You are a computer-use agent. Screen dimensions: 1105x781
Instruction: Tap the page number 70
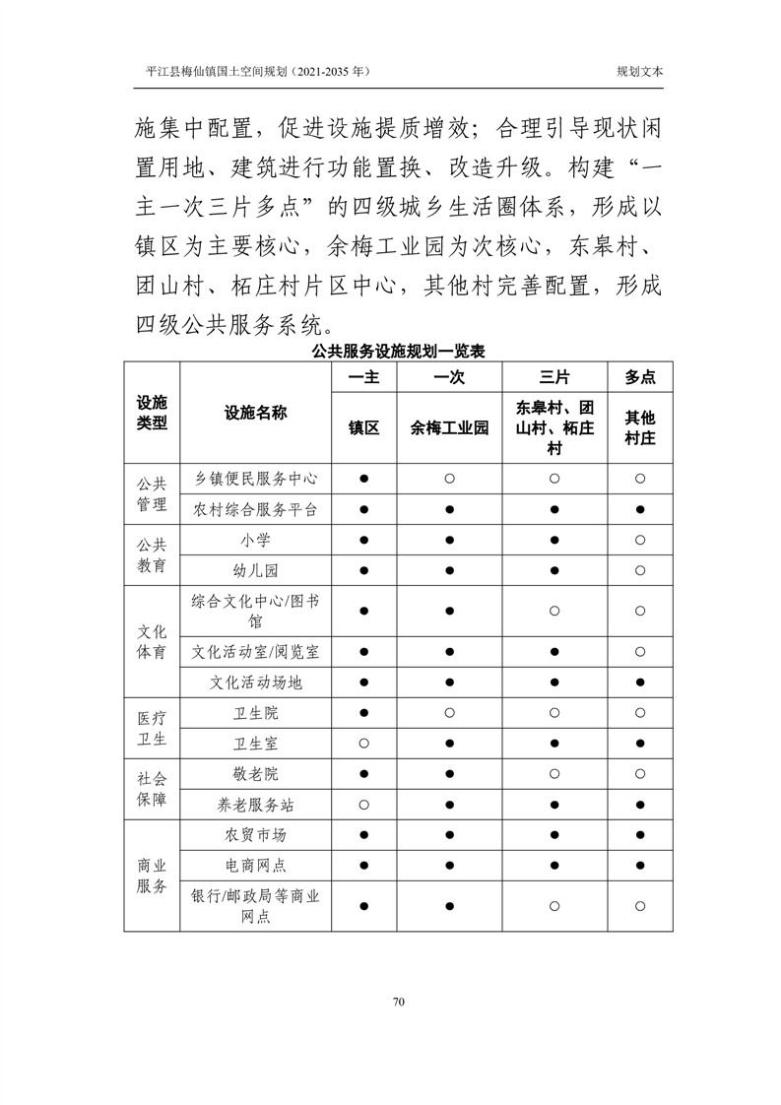tap(399, 1002)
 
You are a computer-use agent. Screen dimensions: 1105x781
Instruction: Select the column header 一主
tap(363, 377)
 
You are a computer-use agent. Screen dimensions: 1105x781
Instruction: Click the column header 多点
tap(640, 377)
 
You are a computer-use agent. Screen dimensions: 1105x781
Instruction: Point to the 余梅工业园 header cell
tap(449, 428)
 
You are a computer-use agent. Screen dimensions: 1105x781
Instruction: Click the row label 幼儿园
tap(255, 571)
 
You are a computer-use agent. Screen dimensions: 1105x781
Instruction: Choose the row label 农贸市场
tap(255, 835)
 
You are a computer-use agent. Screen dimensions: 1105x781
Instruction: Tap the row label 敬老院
tap(255, 774)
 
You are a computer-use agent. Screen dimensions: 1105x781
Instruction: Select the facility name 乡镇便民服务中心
tap(255, 479)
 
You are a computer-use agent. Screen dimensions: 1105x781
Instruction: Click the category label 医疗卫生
tap(152, 728)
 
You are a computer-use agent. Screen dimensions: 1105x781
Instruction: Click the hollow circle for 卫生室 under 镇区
tap(363, 744)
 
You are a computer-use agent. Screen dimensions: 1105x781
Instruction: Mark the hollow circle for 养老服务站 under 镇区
tap(363, 805)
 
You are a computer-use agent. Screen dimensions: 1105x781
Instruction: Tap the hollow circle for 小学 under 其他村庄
tap(640, 541)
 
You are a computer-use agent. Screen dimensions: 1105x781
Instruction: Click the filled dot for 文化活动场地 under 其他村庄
tap(640, 682)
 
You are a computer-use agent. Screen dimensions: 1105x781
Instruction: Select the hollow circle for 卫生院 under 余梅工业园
tap(449, 713)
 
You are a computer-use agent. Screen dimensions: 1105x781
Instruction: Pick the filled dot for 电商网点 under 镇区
tap(363, 866)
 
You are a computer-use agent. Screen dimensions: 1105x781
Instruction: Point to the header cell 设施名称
tap(255, 413)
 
